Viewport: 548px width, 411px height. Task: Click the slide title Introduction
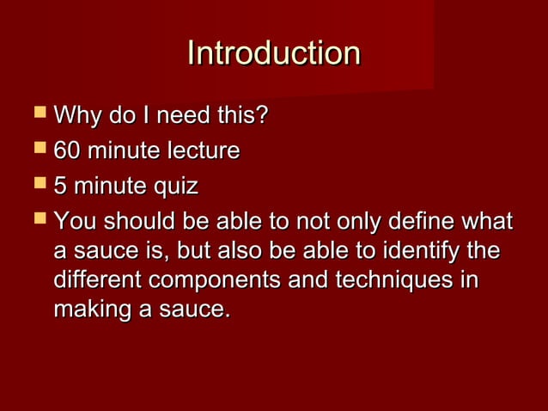pos(273,53)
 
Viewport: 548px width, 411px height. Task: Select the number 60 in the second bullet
pos(67,151)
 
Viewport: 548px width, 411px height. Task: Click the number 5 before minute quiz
pos(60,187)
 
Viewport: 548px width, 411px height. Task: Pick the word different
pos(97,281)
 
